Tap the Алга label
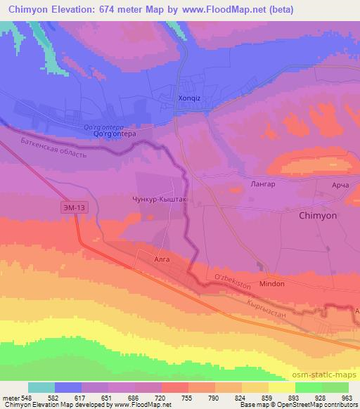(x=162, y=258)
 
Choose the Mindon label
(x=272, y=283)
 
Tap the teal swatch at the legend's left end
(x=41, y=387)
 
